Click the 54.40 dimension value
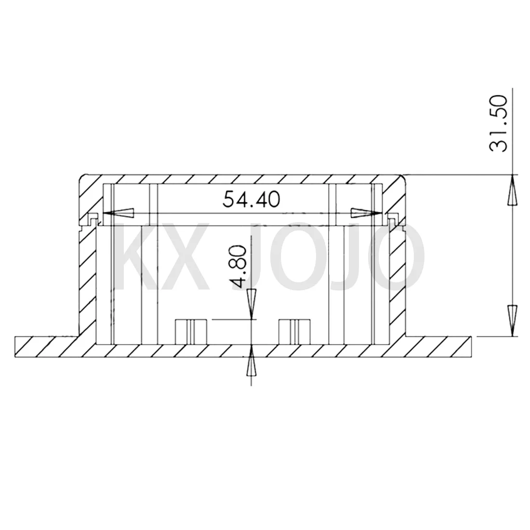[x=251, y=199]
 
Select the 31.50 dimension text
[x=497, y=124]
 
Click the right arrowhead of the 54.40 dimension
[x=365, y=212]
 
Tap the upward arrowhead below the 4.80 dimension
[x=251, y=362]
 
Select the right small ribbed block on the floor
[x=295, y=331]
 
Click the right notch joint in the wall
[x=392, y=220]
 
